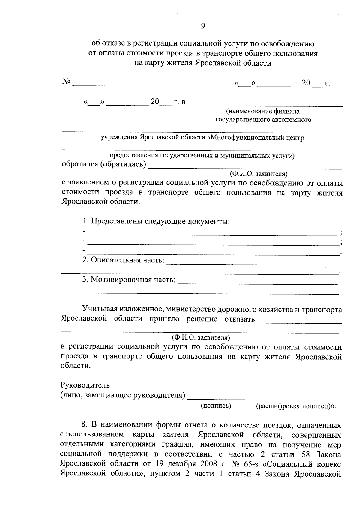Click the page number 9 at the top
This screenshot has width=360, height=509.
[x=203, y=26]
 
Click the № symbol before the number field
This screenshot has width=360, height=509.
[x=67, y=82]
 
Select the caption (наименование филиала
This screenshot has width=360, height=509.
[x=263, y=112]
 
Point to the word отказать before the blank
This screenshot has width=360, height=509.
[x=239, y=319]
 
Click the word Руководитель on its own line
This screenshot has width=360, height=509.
[x=85, y=385]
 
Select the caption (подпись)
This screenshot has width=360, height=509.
[x=216, y=406]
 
